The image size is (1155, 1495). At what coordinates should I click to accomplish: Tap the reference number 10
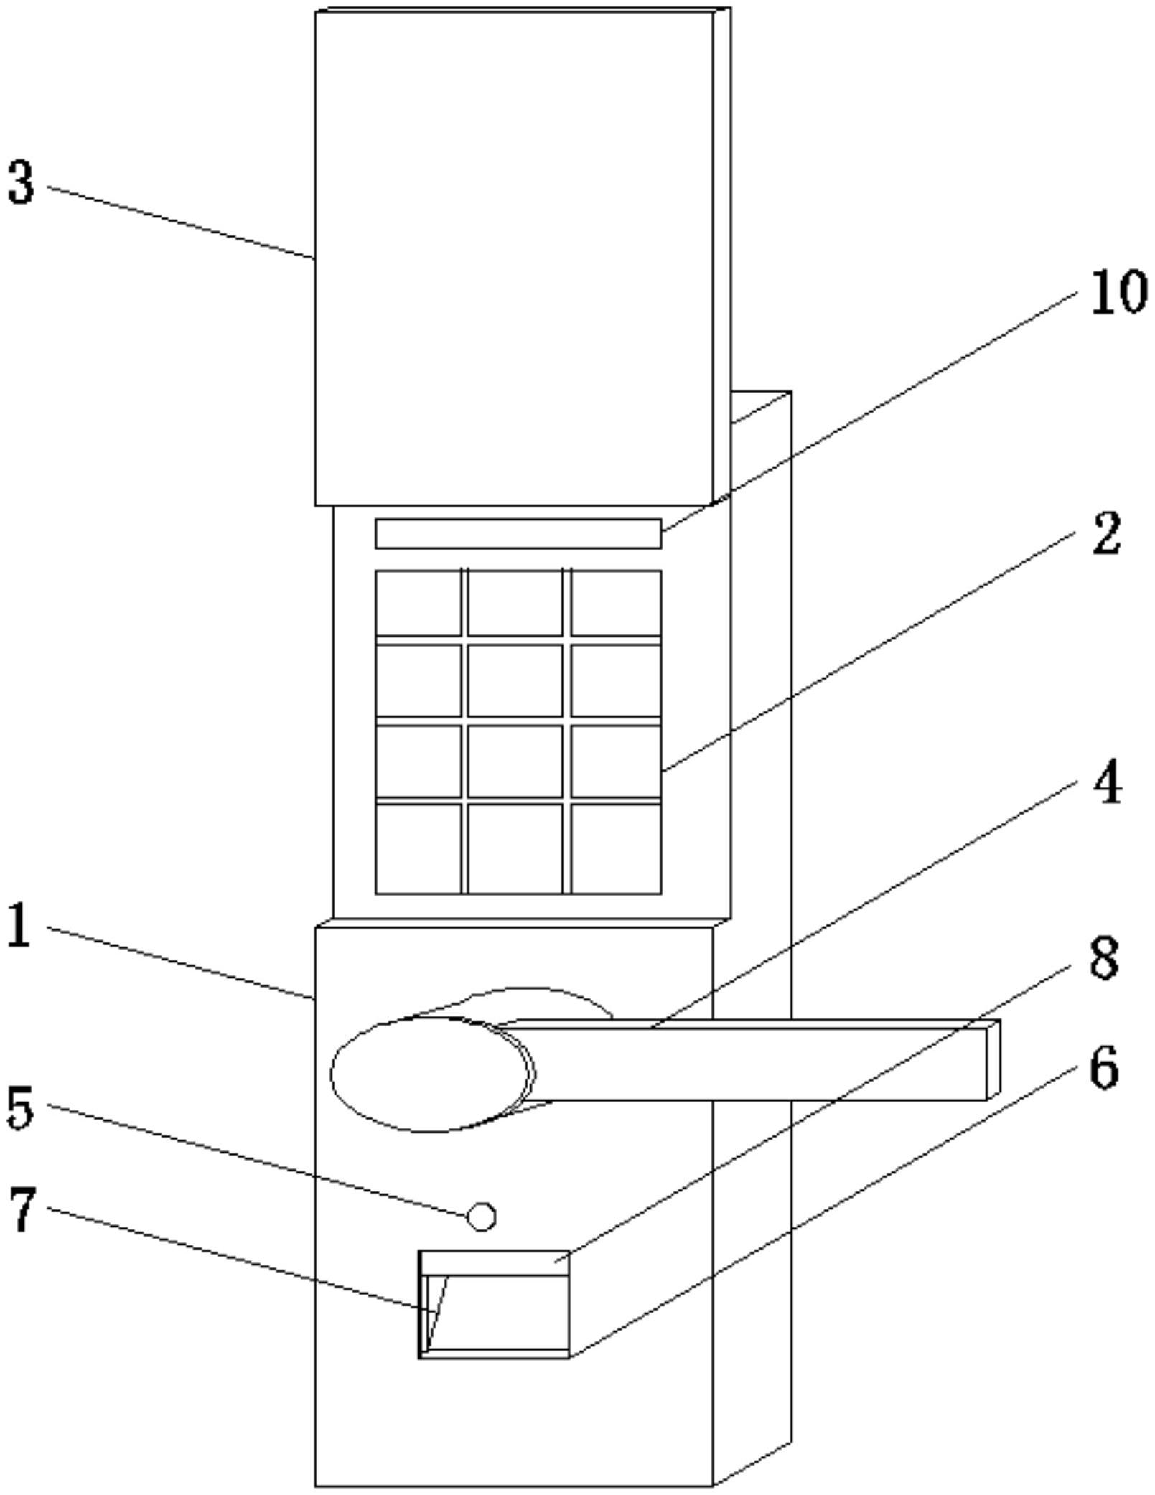pyautogui.click(x=1118, y=293)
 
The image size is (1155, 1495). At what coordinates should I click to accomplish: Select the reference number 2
pyautogui.click(x=1106, y=534)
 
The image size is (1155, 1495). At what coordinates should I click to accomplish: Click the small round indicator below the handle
pyautogui.click(x=481, y=1216)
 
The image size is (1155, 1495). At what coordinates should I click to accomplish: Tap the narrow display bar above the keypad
pyautogui.click(x=518, y=533)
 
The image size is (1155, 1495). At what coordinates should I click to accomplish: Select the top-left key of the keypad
pyautogui.click(x=418, y=603)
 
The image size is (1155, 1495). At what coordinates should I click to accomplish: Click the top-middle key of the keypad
pyautogui.click(x=515, y=603)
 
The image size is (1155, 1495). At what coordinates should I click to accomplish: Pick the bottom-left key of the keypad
pyautogui.click(x=418, y=848)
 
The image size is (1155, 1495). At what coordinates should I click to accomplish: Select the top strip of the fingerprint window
pyautogui.click(x=495, y=1263)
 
